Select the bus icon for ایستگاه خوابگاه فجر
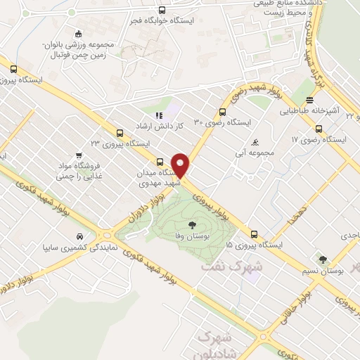point(162,10)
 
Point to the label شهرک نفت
point(232,267)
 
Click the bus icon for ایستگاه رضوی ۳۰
point(223,111)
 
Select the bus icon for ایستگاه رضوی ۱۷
point(319,129)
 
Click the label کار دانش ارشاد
point(160,125)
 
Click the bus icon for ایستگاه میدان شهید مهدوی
point(160,161)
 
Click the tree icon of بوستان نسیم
point(323,259)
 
